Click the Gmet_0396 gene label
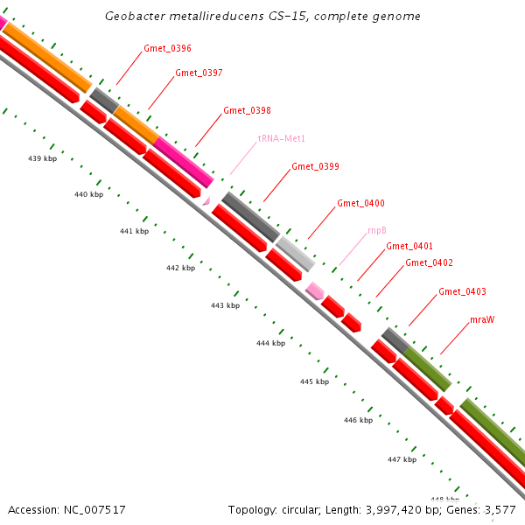point(167,48)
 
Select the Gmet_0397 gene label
point(199,73)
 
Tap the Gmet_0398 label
point(247,111)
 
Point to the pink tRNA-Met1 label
point(281,138)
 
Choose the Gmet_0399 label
point(315,166)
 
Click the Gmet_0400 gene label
point(360,203)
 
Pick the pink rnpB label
point(377,231)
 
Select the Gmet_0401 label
point(409,246)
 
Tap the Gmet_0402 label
point(429,262)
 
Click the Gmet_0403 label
point(462,291)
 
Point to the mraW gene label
point(482,319)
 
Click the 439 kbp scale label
point(43,158)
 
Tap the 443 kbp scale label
point(225,305)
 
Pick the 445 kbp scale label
point(314,381)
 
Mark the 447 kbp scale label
point(402,458)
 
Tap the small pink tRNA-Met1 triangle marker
point(206,200)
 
